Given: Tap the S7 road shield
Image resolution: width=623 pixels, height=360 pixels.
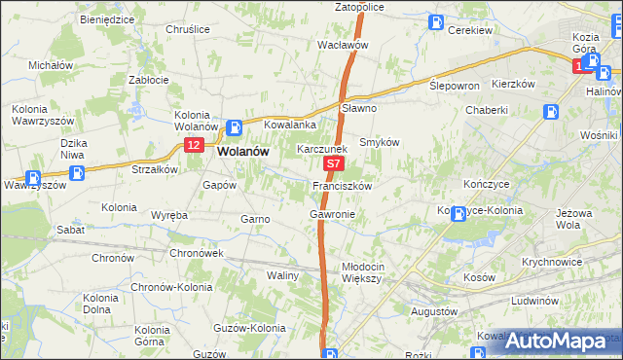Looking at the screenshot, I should click(x=333, y=166).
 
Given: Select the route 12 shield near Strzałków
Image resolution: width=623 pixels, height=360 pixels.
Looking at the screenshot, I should click(x=193, y=145).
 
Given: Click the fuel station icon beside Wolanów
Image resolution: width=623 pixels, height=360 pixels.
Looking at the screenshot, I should click(x=234, y=127).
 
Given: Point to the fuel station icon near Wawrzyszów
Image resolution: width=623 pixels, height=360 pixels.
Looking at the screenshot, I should click(x=32, y=178).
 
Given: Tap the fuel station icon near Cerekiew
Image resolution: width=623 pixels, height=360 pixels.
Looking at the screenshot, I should click(x=438, y=21).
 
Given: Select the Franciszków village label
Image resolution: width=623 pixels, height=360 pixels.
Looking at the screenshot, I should click(x=342, y=185).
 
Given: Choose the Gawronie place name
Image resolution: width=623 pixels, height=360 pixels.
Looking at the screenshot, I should click(x=332, y=214).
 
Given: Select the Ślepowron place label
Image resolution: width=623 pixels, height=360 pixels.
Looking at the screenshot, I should click(x=455, y=86).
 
